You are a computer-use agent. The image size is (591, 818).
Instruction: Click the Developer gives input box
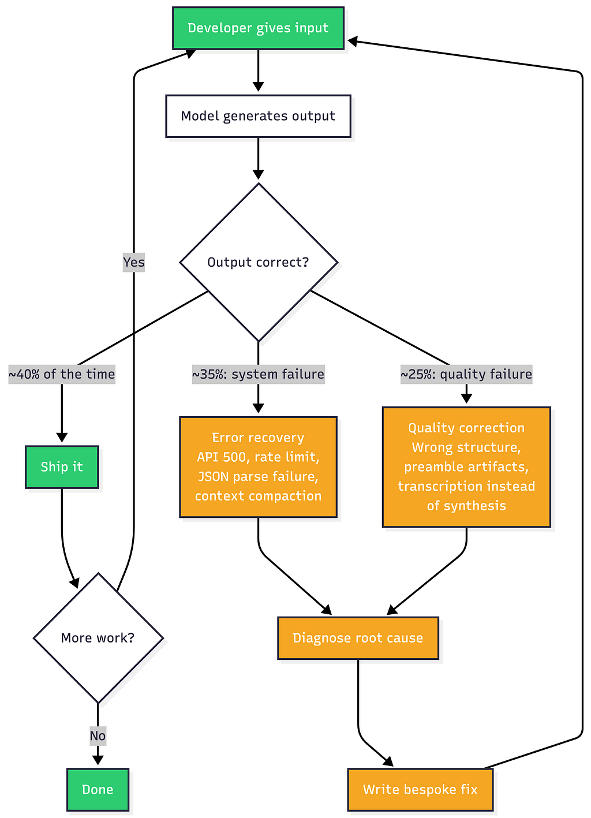coord(258,28)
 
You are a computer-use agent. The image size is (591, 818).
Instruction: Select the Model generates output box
coord(258,116)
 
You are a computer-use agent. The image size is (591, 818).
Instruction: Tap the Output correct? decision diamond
coord(259,262)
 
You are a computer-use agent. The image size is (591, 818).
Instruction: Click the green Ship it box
coord(62,466)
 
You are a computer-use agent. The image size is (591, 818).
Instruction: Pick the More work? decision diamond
coord(98,638)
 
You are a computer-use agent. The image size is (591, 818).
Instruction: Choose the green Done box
coord(98,790)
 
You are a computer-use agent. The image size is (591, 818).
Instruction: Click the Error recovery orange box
coord(258,466)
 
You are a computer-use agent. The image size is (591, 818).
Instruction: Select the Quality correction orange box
coord(466,466)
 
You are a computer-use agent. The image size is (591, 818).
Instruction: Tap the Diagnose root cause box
coord(358,638)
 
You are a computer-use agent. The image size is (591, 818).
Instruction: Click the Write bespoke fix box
coord(420,790)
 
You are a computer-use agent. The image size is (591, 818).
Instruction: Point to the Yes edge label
coord(133,262)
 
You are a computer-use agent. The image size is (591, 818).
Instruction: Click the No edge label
coord(98,736)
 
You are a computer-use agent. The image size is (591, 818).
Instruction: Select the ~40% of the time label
coord(62,374)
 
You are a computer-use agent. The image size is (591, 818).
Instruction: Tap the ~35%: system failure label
coord(258,374)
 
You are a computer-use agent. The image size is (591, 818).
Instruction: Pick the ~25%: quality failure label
coord(466,374)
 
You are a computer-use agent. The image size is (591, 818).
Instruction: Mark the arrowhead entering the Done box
coord(98,760)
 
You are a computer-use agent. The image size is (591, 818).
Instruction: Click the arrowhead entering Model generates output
coord(258,87)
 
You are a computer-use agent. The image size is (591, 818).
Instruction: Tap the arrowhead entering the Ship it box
coord(62,438)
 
